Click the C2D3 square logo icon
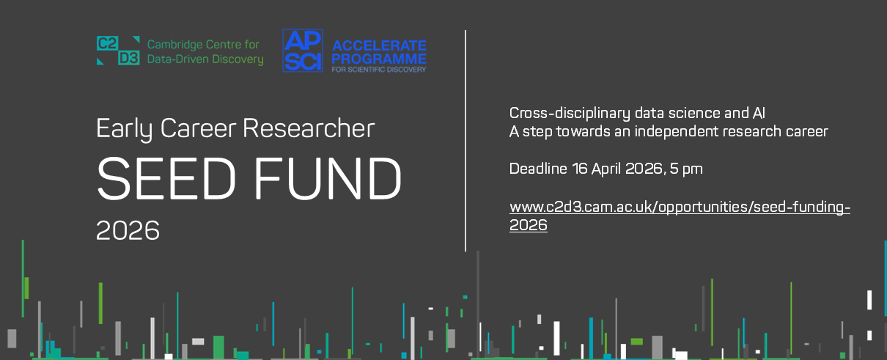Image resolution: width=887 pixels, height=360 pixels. (x=117, y=50)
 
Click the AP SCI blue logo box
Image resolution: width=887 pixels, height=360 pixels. (x=303, y=51)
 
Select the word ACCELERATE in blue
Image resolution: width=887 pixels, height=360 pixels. (x=379, y=45)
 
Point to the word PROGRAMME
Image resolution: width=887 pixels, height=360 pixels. (x=379, y=57)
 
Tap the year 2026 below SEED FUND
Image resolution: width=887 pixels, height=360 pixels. (x=128, y=230)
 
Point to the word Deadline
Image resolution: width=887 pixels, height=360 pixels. (x=538, y=169)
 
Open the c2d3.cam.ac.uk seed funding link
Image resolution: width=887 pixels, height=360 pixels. (x=680, y=207)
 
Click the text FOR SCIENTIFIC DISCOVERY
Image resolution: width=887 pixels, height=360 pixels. (x=379, y=68)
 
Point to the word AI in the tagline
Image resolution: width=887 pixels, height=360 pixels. (x=759, y=114)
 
